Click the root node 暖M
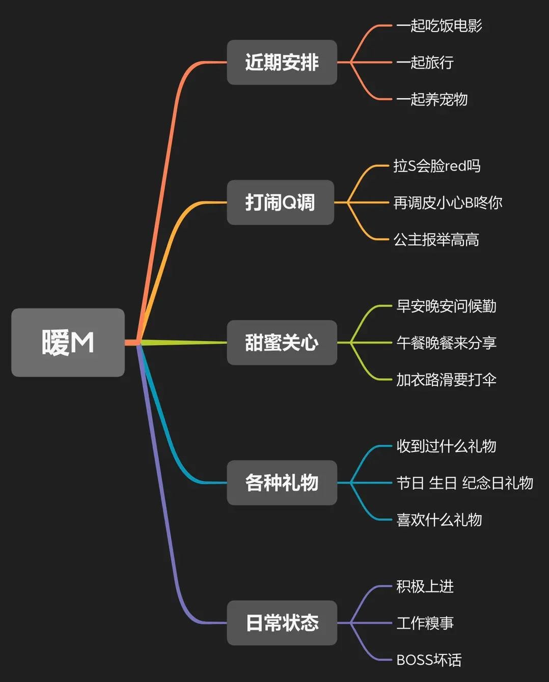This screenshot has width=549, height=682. (x=68, y=343)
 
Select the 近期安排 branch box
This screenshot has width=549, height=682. (x=282, y=62)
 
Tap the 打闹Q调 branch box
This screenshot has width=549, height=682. (x=280, y=203)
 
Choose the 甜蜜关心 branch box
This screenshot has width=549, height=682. (x=282, y=343)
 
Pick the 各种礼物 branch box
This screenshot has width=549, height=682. (x=282, y=482)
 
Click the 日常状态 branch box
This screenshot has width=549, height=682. (x=282, y=622)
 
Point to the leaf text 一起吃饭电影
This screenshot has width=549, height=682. (x=439, y=25)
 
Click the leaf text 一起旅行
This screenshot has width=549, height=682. (x=425, y=62)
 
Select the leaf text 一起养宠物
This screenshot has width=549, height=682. (x=432, y=99)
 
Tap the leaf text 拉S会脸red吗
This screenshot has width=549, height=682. (x=436, y=166)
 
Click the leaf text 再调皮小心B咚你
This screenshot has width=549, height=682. (x=448, y=203)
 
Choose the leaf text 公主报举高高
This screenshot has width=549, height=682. (x=436, y=239)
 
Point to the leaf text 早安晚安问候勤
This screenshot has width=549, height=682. (x=446, y=306)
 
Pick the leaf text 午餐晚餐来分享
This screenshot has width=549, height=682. (x=446, y=343)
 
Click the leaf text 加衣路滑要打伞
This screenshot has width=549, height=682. (x=446, y=380)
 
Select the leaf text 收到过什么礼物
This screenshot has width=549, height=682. (x=446, y=446)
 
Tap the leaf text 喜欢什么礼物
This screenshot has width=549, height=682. (x=439, y=520)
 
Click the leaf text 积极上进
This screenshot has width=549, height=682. (x=425, y=586)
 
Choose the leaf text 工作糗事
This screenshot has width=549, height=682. (x=425, y=623)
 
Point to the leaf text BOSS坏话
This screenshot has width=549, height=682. (x=429, y=660)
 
